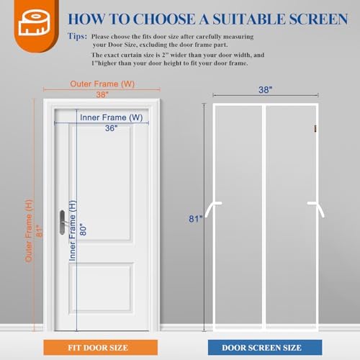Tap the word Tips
coord(76,35)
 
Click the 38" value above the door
coord(106,94)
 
